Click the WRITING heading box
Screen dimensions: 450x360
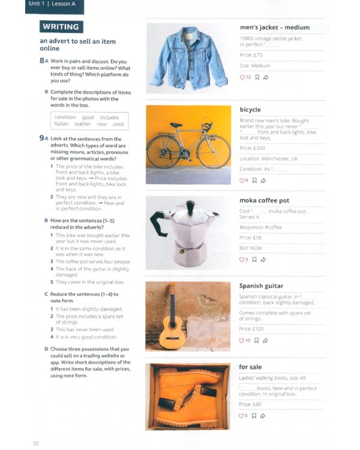point(61,27)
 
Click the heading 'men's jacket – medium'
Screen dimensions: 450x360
point(274,28)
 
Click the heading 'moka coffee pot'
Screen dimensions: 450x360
point(264,200)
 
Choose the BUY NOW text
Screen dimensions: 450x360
point(251,248)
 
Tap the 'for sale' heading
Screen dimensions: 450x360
point(250,367)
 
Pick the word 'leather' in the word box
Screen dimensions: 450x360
point(83,124)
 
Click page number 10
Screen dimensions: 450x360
point(35,443)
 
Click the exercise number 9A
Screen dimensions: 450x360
point(43,139)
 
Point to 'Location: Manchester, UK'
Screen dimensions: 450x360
point(268,158)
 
